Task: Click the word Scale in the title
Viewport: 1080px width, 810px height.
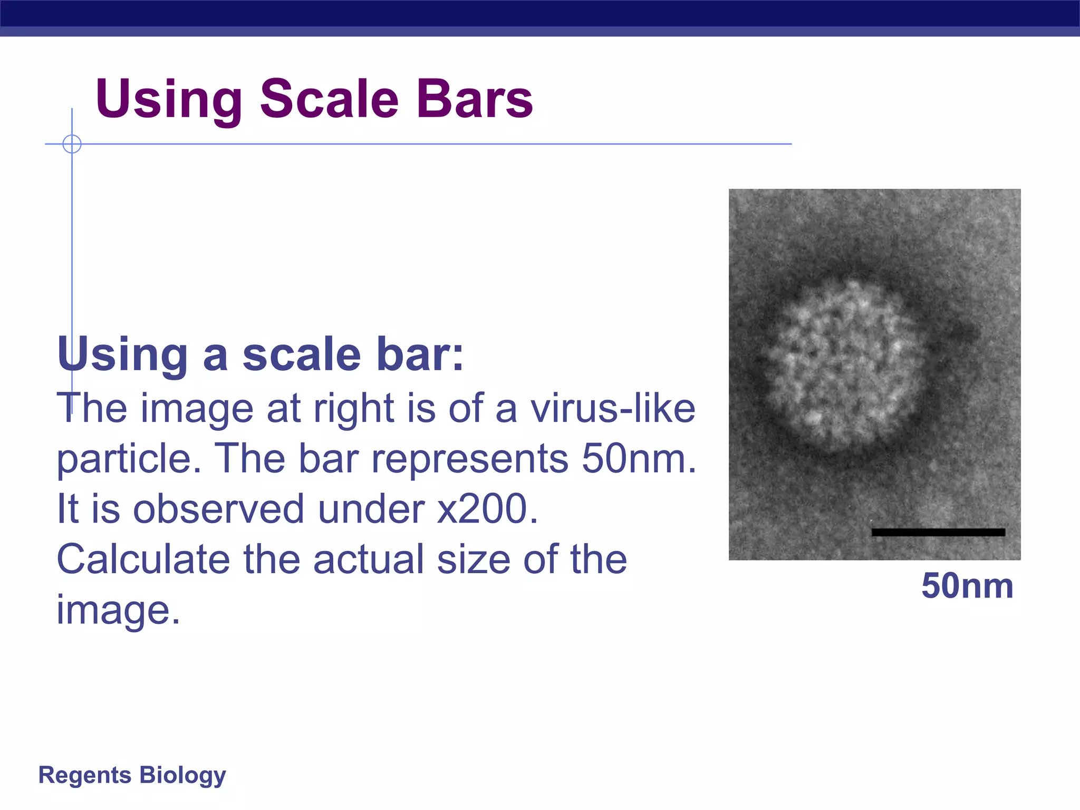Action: point(330,99)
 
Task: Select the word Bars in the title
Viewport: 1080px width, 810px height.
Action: point(474,99)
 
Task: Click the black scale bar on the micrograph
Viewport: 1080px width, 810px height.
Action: point(938,532)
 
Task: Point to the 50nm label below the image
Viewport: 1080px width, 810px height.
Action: point(967,586)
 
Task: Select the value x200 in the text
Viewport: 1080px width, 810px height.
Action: point(487,509)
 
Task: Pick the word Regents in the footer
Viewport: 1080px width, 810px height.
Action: point(84,775)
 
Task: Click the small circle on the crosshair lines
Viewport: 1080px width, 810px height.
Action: point(72,144)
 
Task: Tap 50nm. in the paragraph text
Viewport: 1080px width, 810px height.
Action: point(639,459)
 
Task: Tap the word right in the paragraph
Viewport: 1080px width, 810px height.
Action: point(353,410)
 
